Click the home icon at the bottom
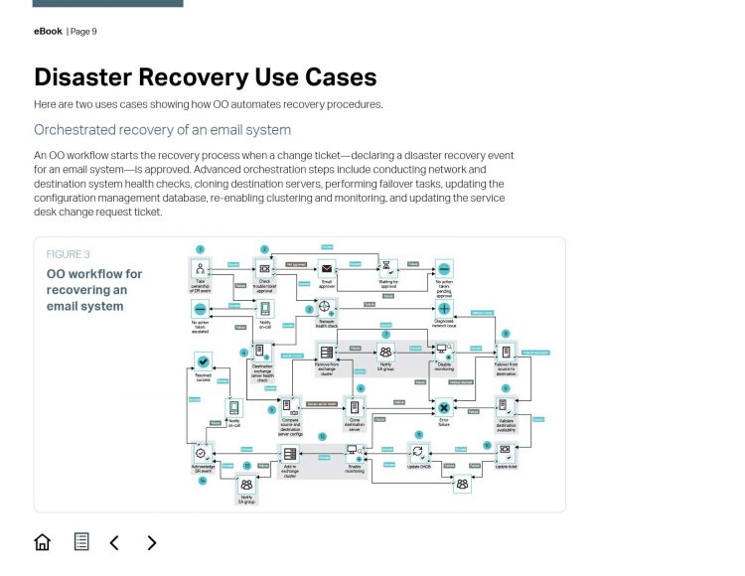point(42,542)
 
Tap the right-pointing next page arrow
point(152,542)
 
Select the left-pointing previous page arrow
point(114,542)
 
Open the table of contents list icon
point(81,542)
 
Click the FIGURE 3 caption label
point(68,254)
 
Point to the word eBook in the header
point(48,32)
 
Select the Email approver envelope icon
point(326,268)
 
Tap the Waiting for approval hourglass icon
point(388,268)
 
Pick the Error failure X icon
point(444,407)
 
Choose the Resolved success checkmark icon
point(203,362)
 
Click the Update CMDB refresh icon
point(419,451)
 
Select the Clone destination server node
point(356,407)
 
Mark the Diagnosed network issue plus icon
point(444,309)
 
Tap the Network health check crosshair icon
point(325,308)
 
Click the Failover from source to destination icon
point(506,352)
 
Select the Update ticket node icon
point(506,451)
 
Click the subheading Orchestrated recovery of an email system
point(163,130)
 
